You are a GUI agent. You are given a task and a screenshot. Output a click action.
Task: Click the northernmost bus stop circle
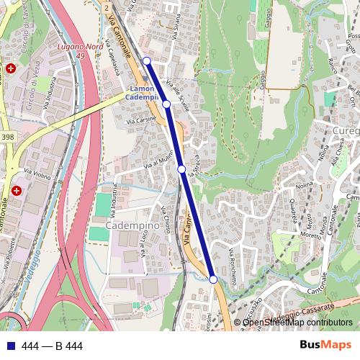coord(147,61)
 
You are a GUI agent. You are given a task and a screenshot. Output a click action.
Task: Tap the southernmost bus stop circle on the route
coord(213,279)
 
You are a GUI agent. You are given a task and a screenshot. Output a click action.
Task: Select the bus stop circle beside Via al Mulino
coord(182,169)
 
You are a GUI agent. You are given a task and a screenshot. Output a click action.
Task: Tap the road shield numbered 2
coord(106,6)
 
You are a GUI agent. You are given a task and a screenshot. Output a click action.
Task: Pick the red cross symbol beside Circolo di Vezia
coord(12,68)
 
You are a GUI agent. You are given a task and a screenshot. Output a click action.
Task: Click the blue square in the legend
coord(11,346)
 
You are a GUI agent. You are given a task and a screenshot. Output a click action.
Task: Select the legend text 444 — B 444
coord(53,346)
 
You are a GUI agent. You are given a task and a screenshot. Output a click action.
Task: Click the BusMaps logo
coord(325,346)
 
